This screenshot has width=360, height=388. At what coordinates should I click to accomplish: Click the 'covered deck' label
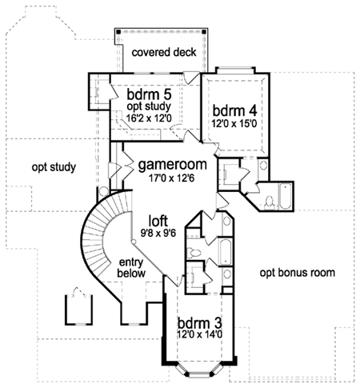pos(164,52)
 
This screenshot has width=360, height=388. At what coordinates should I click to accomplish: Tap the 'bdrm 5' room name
pos(149,94)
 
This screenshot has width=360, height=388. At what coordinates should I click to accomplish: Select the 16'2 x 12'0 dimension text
pos(149,118)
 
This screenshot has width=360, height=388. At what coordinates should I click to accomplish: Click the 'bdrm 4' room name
pos(234,110)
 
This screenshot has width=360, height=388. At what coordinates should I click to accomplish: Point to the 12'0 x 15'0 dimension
pos(234,124)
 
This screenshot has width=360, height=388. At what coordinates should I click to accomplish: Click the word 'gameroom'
pos(173,165)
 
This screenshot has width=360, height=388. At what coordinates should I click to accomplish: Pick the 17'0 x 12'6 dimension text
pos(172,178)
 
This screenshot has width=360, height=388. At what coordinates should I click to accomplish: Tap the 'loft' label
pos(158,221)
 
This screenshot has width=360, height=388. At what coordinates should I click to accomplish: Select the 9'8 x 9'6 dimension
pos(158,234)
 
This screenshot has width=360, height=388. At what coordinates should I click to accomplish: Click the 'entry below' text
pos(131,268)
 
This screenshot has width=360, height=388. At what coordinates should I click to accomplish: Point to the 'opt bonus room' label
pos(298,273)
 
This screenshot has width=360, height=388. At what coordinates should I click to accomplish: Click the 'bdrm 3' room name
pos(200,323)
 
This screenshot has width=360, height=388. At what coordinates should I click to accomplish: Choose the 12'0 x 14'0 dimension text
pos(200,334)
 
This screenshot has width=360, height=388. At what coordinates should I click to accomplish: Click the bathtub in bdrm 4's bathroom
pos(285,197)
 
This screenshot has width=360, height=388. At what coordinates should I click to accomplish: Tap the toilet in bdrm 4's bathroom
pos(270,202)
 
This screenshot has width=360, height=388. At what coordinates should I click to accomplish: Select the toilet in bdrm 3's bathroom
pos(194,252)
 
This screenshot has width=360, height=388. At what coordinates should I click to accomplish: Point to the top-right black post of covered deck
pos(204,32)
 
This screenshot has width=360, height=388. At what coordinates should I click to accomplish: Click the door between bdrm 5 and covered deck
pos(191,78)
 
